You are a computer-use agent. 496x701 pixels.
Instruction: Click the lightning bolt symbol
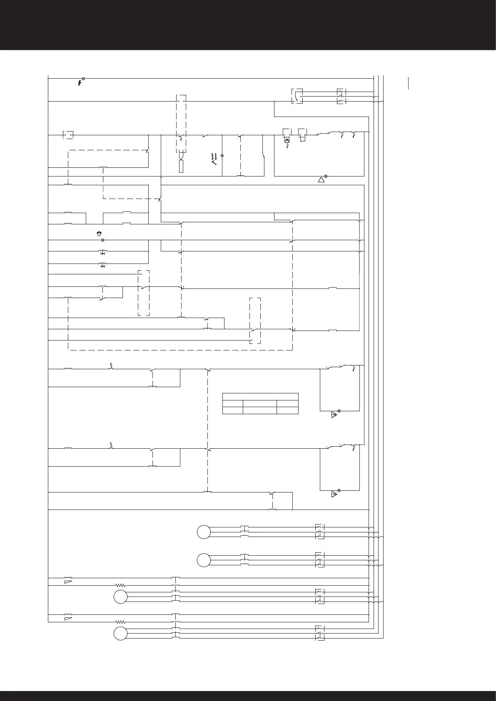tap(80, 83)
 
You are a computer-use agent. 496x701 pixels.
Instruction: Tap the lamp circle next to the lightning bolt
tap(84, 78)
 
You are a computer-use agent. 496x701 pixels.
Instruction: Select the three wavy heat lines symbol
tap(214, 158)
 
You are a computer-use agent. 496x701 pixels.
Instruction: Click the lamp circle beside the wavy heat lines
tap(222, 156)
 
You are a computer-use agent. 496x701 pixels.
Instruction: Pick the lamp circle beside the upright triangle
tap(326, 176)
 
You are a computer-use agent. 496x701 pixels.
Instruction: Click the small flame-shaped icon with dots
tap(99, 234)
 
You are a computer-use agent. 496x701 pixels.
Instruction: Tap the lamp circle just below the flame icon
tap(102, 240)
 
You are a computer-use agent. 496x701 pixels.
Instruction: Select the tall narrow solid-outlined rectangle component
tap(181, 167)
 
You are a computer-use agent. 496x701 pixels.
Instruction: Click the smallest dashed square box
tap(68, 134)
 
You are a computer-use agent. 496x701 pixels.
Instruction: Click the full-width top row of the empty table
tap(260, 396)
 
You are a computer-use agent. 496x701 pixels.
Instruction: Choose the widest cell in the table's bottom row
tap(260, 410)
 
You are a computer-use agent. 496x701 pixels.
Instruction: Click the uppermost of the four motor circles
tap(204, 532)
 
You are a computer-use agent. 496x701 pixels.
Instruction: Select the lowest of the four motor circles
tap(120, 633)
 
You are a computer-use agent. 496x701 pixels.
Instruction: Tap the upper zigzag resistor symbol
tap(120, 585)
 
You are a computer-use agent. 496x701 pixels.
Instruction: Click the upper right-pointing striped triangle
tap(334, 415)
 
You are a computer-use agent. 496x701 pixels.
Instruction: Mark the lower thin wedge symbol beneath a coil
tap(67, 619)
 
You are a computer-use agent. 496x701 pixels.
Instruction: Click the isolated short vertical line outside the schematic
tap(409, 83)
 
